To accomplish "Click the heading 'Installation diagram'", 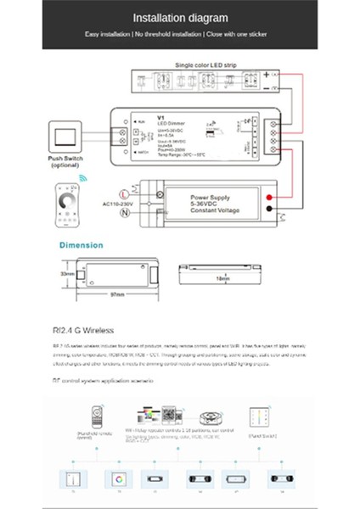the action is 179,17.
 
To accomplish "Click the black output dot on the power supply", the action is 267,210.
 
